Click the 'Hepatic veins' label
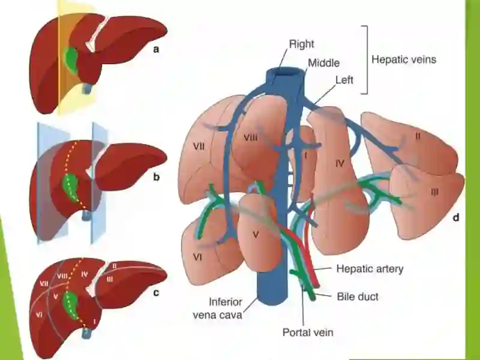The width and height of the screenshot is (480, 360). [x=404, y=59]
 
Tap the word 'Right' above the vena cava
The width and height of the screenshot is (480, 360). [x=302, y=44]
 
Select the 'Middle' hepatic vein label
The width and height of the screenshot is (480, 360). [x=323, y=63]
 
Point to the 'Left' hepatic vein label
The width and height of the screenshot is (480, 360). [x=344, y=80]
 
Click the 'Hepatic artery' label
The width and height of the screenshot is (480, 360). [x=370, y=269]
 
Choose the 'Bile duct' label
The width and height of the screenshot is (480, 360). [x=358, y=296]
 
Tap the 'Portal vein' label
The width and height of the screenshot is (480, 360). [x=308, y=332]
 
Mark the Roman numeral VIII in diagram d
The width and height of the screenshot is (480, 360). [x=250, y=138]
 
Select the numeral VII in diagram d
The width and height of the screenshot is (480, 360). [x=199, y=146]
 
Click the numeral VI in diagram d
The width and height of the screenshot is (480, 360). [x=198, y=257]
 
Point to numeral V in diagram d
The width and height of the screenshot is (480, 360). [x=256, y=235]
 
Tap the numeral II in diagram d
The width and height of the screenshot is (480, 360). [x=418, y=136]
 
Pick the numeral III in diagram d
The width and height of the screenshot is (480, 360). [x=434, y=192]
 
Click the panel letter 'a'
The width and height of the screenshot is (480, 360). [x=156, y=49]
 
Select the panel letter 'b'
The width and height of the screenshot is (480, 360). [x=156, y=176]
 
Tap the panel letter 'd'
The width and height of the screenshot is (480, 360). [x=456, y=217]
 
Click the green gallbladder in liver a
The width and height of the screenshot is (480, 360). [x=71, y=59]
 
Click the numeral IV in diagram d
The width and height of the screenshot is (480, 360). [x=340, y=163]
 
